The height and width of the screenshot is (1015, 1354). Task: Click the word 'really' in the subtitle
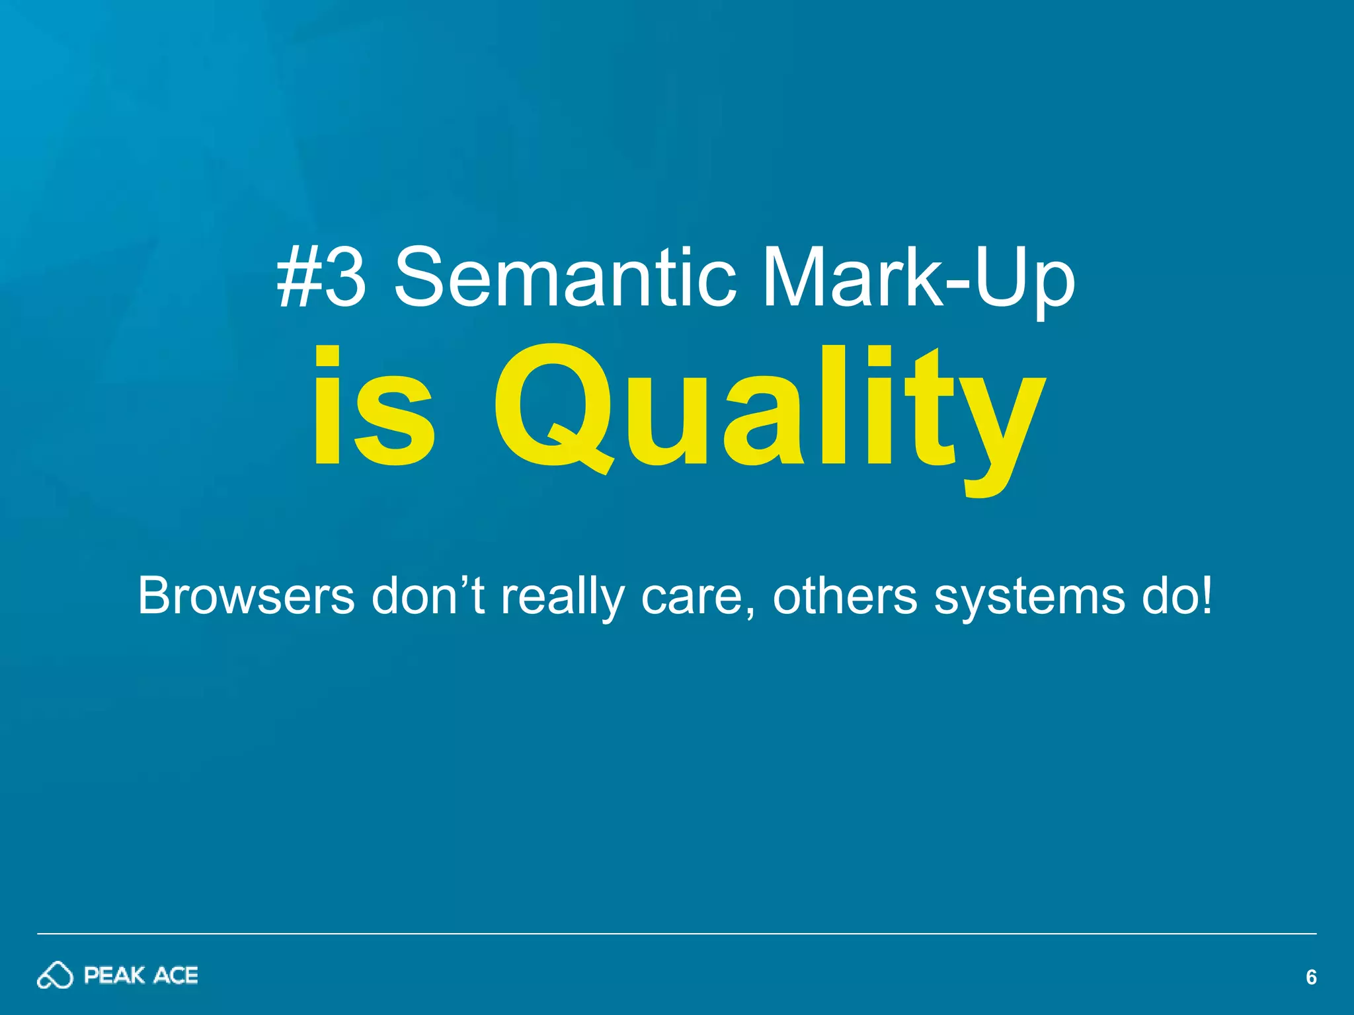point(562,598)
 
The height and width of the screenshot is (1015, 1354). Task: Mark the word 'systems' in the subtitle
point(1029,598)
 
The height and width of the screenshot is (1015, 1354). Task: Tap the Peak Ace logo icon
point(55,975)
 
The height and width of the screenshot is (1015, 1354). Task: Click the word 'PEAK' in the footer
point(114,975)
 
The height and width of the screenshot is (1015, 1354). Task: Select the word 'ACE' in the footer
point(176,975)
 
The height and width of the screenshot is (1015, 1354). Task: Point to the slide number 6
point(1311,977)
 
